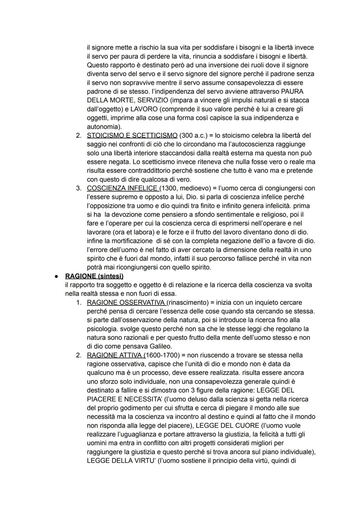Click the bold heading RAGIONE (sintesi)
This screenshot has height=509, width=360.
(94, 276)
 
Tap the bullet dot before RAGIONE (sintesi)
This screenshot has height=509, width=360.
(57, 277)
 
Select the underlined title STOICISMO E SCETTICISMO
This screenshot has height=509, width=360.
(132, 135)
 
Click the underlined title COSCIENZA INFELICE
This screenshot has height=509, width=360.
(122, 188)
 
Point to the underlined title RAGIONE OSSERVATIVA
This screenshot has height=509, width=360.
(126, 303)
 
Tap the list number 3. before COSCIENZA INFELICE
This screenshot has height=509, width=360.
(79, 188)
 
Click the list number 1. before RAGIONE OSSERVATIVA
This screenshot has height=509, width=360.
(79, 303)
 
